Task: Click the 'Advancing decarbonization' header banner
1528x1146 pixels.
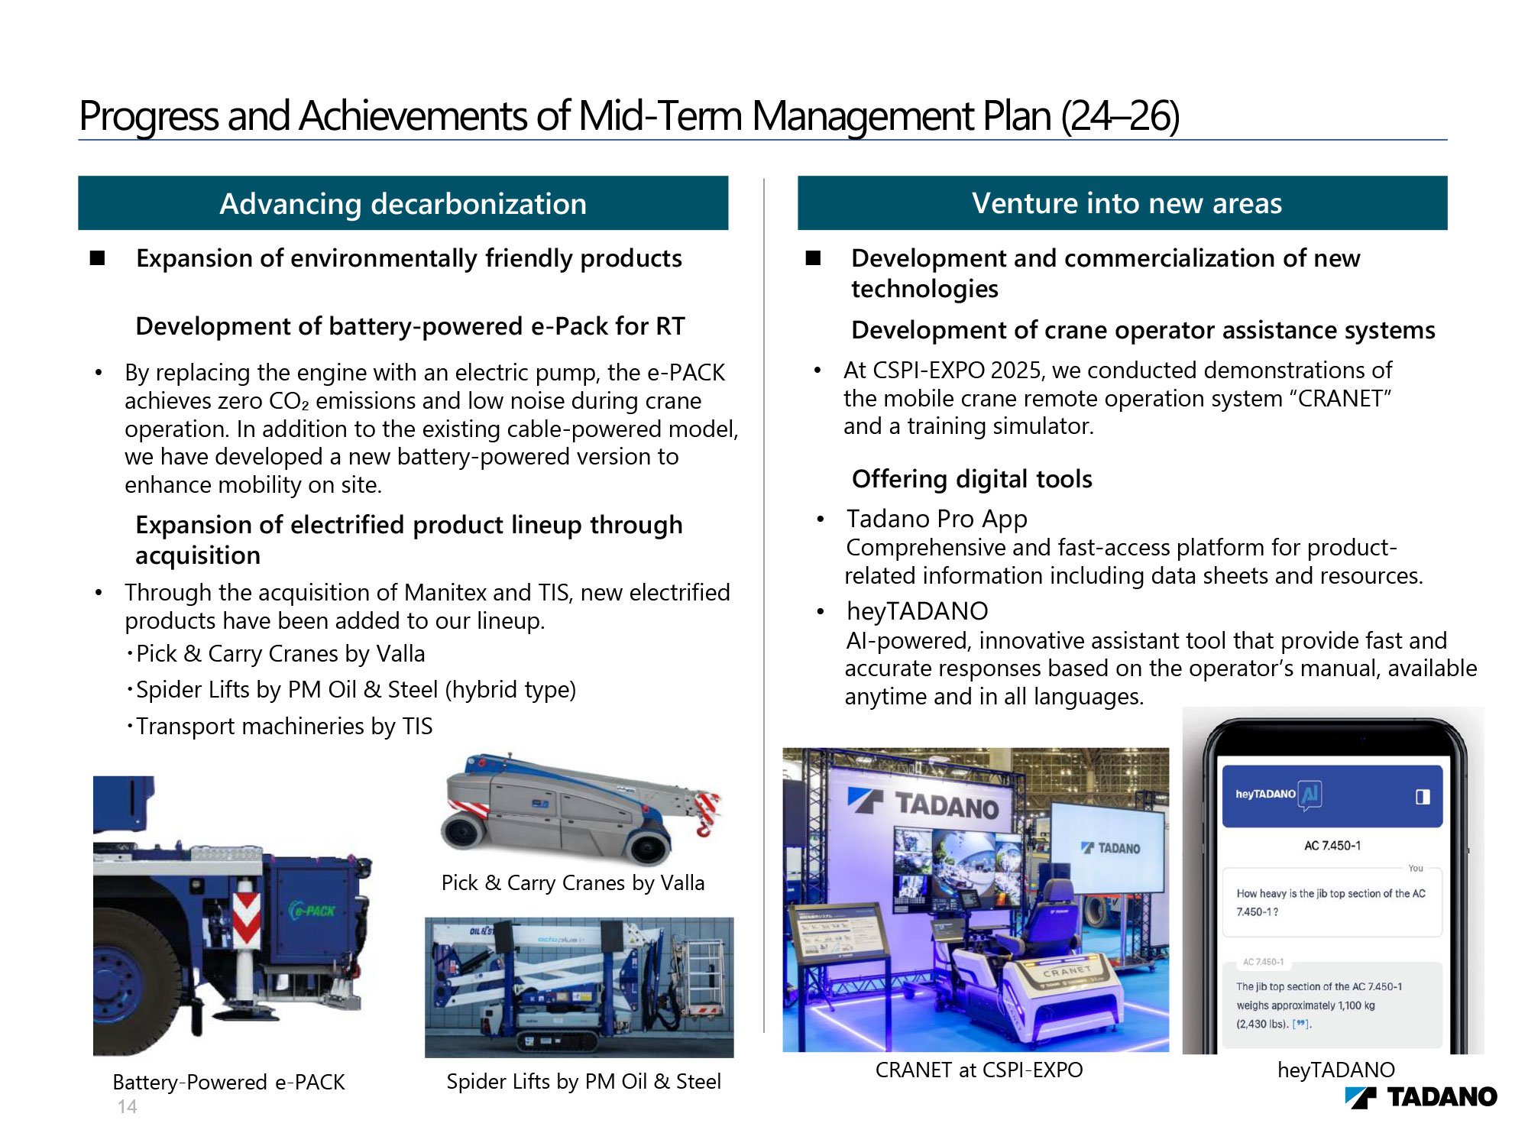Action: (x=403, y=203)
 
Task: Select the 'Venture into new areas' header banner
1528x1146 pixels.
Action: (x=1122, y=203)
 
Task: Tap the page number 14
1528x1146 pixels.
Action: (x=127, y=1106)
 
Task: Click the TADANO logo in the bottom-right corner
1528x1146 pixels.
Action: (x=1421, y=1097)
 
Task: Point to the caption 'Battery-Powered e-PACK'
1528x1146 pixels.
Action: (x=228, y=1082)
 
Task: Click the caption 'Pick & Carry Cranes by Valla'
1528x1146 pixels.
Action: (x=573, y=883)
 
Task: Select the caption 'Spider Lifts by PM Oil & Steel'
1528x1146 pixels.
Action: (x=584, y=1081)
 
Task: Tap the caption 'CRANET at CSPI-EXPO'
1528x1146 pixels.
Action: (x=979, y=1070)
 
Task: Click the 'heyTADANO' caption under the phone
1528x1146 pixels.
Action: (x=1336, y=1070)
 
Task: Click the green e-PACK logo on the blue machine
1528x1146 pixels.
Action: (x=312, y=910)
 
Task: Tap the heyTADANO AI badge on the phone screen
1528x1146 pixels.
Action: (x=1311, y=795)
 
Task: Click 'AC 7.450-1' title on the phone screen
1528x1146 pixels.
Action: (x=1332, y=846)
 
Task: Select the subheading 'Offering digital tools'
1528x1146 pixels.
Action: (x=972, y=479)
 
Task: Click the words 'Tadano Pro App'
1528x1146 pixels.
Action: (x=937, y=519)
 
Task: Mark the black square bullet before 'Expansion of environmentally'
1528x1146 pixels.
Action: (x=98, y=258)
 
